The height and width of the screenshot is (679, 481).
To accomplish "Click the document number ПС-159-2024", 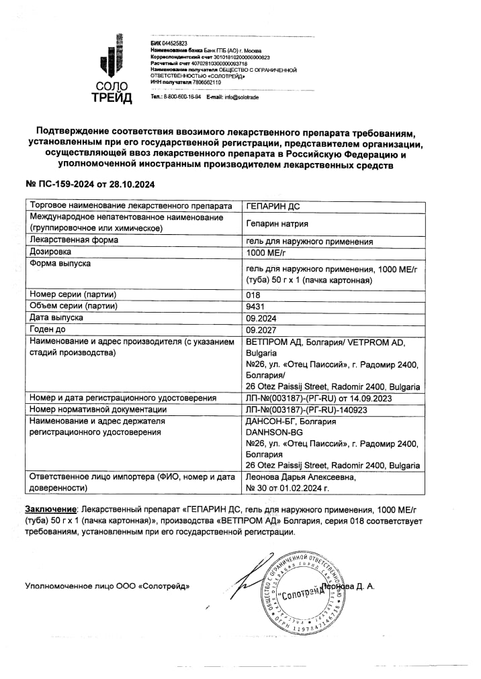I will [64, 184].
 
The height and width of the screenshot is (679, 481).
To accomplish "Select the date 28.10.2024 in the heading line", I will [132, 184].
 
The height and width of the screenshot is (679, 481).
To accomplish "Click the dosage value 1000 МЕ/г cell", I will [266, 253].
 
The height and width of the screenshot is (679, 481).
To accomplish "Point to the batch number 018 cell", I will [253, 295].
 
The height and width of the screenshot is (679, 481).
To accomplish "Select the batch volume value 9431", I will [255, 307].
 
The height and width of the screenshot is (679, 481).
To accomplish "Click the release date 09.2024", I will [261, 319].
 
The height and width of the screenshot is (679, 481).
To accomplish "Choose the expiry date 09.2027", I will [261, 330].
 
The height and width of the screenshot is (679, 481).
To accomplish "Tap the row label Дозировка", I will [50, 253].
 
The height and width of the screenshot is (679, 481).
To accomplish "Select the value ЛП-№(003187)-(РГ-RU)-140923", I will [308, 409].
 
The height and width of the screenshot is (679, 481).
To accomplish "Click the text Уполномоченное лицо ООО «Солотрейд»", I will [107, 586].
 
